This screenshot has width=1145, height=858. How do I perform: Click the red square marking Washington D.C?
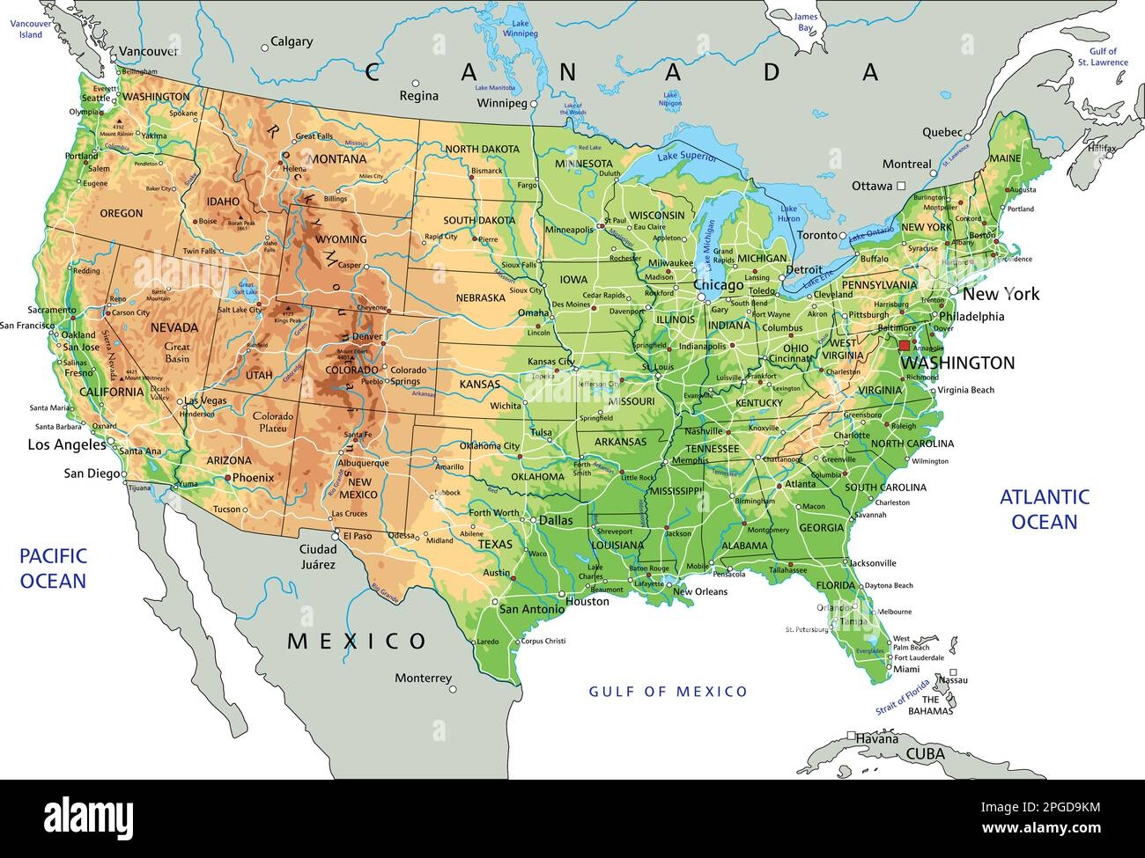905,346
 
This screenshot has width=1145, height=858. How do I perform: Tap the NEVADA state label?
174,327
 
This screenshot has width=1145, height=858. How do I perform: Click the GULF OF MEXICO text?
668,692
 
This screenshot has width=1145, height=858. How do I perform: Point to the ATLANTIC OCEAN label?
1044,510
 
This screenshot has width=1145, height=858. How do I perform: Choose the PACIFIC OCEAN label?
53,568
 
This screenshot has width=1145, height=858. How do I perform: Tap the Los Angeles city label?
67,444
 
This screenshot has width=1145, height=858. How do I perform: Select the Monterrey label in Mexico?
423,678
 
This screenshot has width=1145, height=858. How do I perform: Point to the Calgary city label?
292,41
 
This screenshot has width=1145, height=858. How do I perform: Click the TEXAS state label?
495,545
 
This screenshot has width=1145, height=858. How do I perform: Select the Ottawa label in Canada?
872,187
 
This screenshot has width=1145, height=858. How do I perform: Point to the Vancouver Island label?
26,29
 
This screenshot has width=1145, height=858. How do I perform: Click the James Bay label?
805,22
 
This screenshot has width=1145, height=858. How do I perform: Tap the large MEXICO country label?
357,641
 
